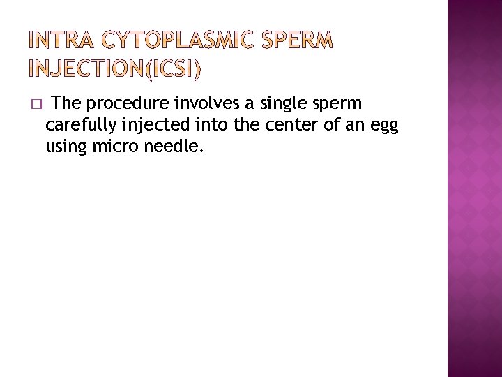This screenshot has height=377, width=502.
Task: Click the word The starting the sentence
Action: click(68, 103)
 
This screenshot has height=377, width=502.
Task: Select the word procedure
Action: click(127, 104)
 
